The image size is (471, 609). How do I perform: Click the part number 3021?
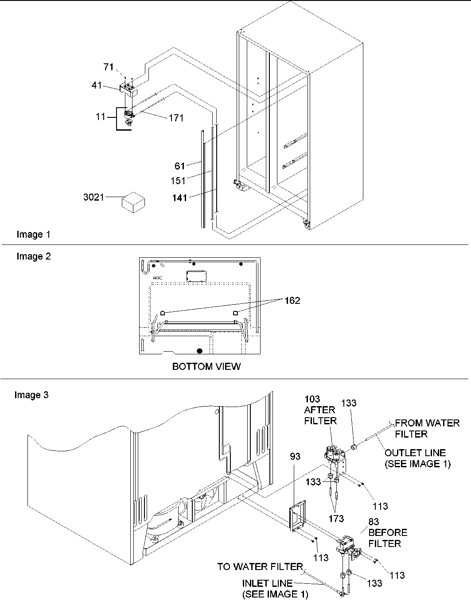[93, 197]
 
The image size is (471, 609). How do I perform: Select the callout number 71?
[109, 67]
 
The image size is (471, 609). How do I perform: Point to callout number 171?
[176, 118]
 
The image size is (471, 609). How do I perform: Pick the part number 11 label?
[101, 117]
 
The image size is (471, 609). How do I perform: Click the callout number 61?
[179, 166]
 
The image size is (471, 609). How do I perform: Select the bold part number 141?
[179, 198]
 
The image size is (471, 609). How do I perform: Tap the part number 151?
[178, 181]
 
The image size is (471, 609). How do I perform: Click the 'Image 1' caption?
[33, 234]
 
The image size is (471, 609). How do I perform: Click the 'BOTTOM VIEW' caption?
[206, 367]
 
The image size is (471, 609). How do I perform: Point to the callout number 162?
[292, 301]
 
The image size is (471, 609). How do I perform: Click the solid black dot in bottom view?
[200, 351]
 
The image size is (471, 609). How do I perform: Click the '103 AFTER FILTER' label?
[320, 410]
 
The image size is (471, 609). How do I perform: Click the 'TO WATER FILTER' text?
[260, 567]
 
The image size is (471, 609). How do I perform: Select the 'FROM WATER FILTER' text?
[427, 428]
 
